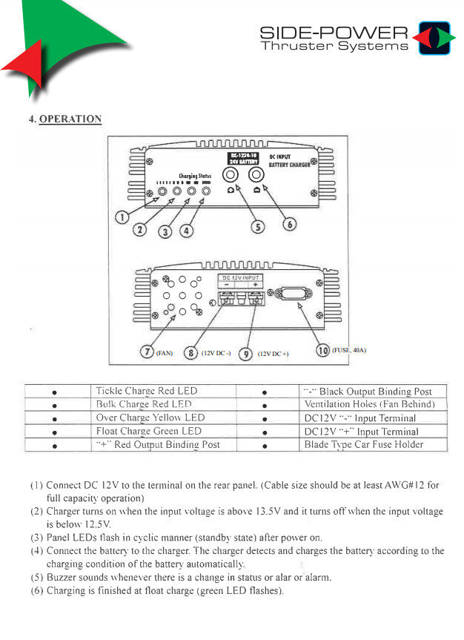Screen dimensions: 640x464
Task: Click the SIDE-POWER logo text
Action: (x=334, y=33)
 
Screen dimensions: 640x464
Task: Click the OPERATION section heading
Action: (x=70, y=119)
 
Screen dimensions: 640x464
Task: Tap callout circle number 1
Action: (x=123, y=217)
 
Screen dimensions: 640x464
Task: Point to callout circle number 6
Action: (x=290, y=223)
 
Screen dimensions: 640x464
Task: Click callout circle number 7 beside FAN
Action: (x=148, y=352)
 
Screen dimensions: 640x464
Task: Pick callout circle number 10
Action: (x=322, y=350)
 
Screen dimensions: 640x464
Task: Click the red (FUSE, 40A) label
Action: (x=349, y=349)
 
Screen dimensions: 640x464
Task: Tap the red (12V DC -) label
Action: (x=216, y=353)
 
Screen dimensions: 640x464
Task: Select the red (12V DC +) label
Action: (x=273, y=354)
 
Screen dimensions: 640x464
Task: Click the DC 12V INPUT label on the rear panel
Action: (x=239, y=277)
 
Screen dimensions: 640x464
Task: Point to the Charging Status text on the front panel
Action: (x=195, y=177)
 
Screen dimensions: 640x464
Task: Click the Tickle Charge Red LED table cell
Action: (x=146, y=391)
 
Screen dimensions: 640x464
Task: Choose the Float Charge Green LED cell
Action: (x=148, y=431)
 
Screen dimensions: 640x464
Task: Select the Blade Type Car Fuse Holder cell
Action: (x=363, y=444)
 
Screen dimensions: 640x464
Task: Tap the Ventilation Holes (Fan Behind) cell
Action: (x=368, y=404)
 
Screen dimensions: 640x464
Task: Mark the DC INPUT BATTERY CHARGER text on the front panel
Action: (x=289, y=160)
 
